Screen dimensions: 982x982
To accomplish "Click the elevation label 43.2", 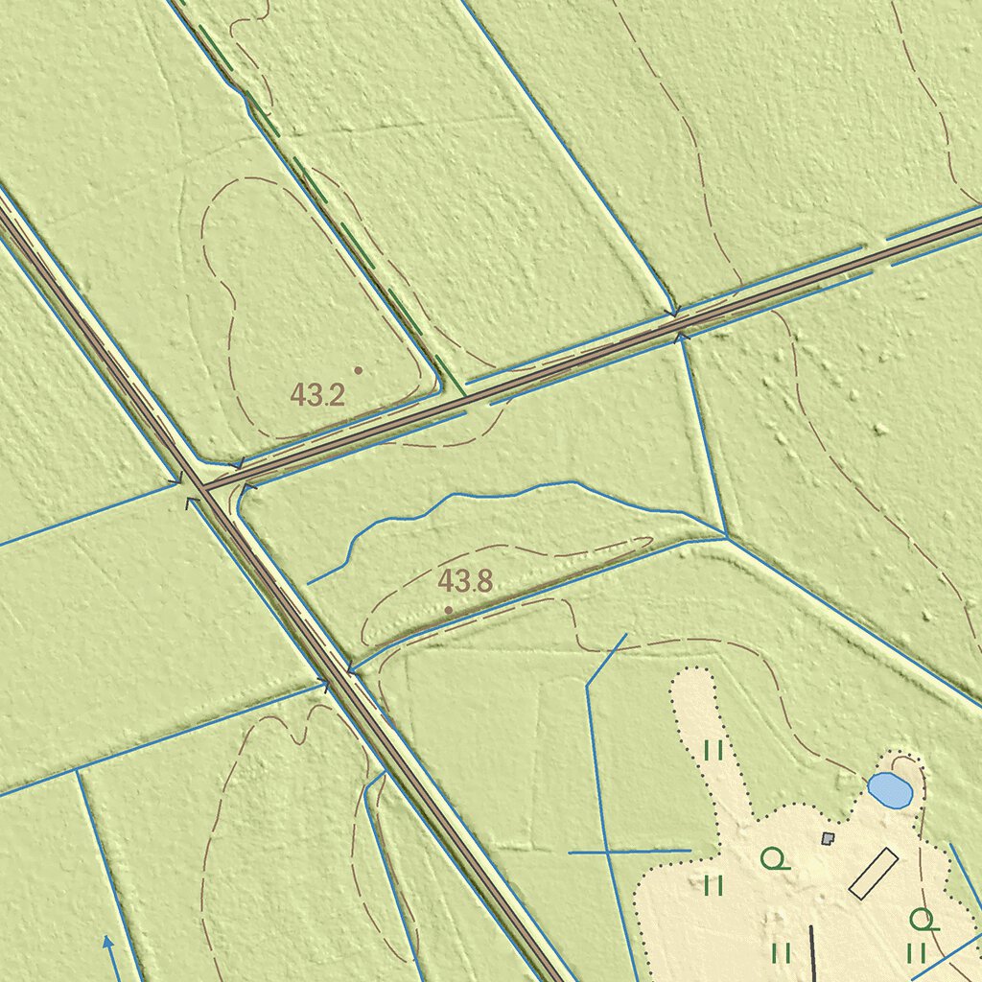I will pos(317,394).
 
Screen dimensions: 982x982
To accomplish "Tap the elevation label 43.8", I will pos(465,580).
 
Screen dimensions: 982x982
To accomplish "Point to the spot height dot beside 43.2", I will pos(359,369).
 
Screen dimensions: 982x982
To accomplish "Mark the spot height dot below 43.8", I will pos(448,610).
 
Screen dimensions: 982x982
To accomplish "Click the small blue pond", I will pos(890,790).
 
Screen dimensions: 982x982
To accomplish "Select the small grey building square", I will pos(829,838).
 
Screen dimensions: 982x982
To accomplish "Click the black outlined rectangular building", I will pos(873,873).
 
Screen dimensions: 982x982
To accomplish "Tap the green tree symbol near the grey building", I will pos(774,858).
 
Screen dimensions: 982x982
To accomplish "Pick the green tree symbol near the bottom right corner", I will pos(923,921).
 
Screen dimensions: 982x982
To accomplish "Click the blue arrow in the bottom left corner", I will pos(108,944).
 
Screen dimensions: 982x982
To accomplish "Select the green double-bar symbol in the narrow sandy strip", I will pos(713,750).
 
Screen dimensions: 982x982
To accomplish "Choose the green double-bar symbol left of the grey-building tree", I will pos(713,884).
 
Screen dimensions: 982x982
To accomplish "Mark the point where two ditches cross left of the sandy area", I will pos(605,852).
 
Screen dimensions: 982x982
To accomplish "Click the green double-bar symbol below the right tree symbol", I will pos(916,952).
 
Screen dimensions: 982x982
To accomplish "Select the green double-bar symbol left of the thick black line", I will pos(781,952).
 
